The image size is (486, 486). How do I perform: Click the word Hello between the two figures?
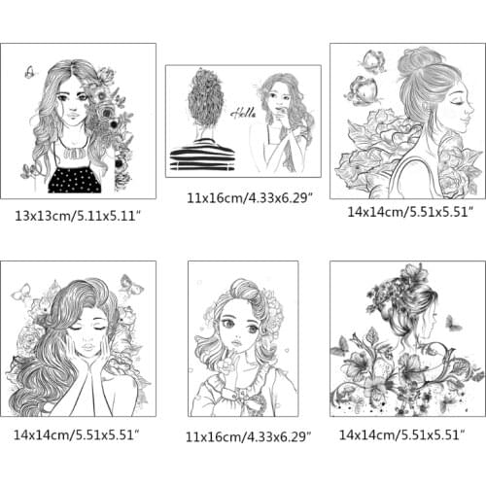pyautogui.click(x=243, y=114)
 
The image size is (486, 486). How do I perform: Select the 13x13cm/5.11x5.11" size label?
pyautogui.click(x=78, y=216)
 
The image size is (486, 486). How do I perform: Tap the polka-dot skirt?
pyautogui.click(x=75, y=180)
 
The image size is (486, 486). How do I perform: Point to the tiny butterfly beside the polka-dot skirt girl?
pyautogui.click(x=30, y=72)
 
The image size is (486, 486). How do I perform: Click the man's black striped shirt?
pyautogui.click(x=203, y=155)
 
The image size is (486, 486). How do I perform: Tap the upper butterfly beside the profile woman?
pyautogui.click(x=373, y=62)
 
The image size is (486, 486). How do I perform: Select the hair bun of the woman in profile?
pyautogui.click(x=420, y=58)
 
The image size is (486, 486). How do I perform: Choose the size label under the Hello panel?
pyautogui.click(x=250, y=197)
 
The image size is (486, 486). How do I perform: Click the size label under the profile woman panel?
pyautogui.click(x=410, y=212)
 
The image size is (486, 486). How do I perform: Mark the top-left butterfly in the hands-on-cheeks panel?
pyautogui.click(x=21, y=293)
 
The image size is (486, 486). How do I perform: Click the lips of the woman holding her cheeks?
pyautogui.click(x=87, y=347)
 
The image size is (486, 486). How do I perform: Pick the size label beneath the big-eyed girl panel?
pyautogui.click(x=248, y=436)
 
